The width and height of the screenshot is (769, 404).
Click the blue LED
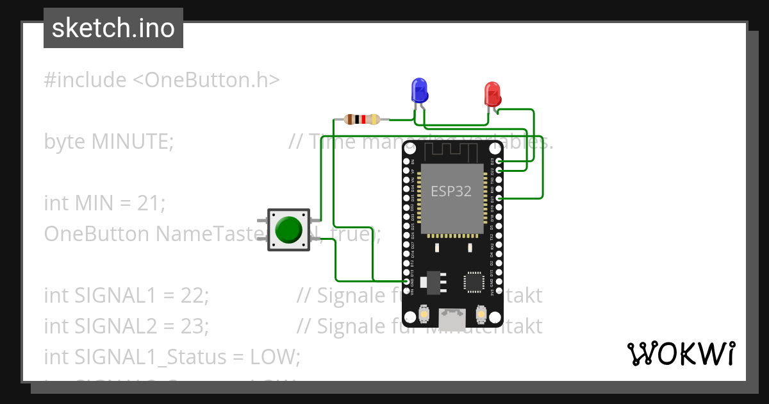pyautogui.click(x=419, y=90)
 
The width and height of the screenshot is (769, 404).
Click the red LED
pyautogui.click(x=492, y=94)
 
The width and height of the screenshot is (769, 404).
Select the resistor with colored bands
pyautogui.click(x=362, y=119)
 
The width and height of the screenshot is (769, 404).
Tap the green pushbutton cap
pyautogui.click(x=288, y=230)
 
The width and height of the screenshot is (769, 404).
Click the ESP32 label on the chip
pyautogui.click(x=451, y=191)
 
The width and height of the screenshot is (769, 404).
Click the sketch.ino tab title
pyautogui.click(x=113, y=28)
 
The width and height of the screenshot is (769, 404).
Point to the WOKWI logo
pyautogui.click(x=681, y=353)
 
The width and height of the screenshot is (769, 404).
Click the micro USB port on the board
pyautogui.click(x=453, y=317)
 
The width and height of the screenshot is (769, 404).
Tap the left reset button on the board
pyautogui.click(x=424, y=314)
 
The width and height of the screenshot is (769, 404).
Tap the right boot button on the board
pyautogui.click(x=482, y=314)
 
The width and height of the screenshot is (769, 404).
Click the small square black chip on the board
pyautogui.click(x=474, y=282)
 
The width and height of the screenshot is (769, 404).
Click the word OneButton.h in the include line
pyautogui.click(x=206, y=80)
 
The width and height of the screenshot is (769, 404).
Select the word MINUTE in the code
pyautogui.click(x=131, y=141)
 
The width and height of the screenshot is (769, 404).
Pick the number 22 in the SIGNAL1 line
pyautogui.click(x=194, y=296)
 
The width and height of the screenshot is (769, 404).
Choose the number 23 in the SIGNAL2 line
pyautogui.click(x=194, y=326)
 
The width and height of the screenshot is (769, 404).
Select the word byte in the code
pyautogui.click(x=65, y=141)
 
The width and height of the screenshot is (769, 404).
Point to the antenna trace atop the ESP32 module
pyautogui.click(x=452, y=151)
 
